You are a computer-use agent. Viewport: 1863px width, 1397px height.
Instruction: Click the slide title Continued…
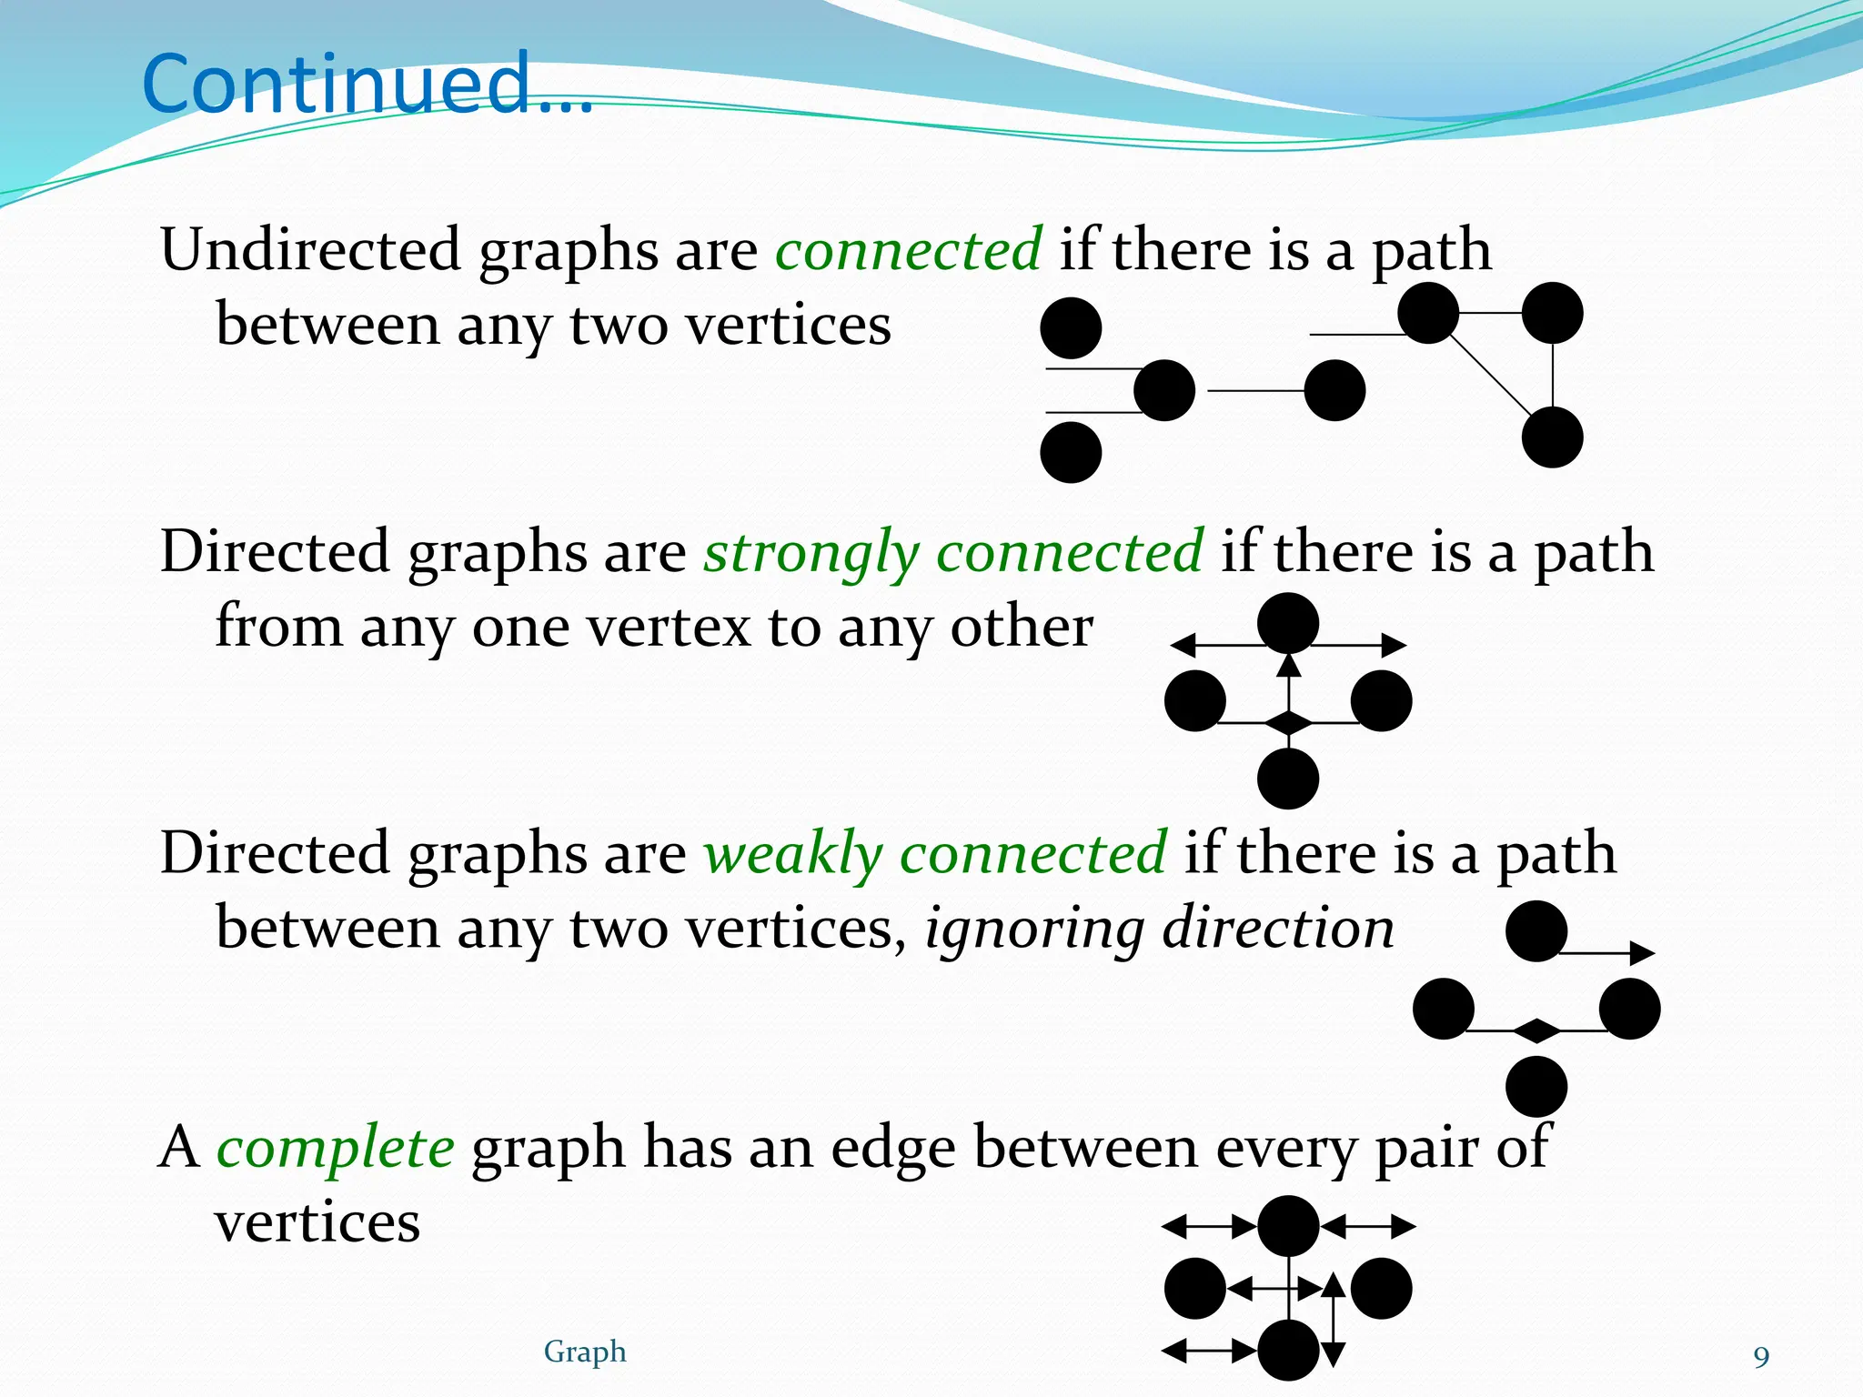point(368,84)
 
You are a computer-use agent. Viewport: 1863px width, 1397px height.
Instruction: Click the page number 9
point(1761,1357)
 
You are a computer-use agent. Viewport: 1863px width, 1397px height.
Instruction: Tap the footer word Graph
point(585,1352)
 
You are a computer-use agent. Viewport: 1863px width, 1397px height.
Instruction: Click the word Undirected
point(310,249)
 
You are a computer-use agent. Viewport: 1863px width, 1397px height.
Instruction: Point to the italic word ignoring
point(1033,929)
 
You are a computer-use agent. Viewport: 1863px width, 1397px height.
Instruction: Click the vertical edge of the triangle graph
point(1552,375)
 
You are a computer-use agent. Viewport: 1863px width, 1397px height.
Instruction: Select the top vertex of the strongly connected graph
point(1288,623)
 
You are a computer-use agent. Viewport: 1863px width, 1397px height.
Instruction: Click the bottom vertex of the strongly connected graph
point(1288,779)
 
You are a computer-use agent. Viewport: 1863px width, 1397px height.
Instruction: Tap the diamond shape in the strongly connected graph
point(1289,723)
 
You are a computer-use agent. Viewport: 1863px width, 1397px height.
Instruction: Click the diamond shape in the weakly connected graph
point(1536,1030)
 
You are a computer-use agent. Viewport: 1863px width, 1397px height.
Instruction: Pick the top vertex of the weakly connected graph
point(1536,931)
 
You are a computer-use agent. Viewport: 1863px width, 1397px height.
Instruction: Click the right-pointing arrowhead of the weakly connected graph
point(1643,953)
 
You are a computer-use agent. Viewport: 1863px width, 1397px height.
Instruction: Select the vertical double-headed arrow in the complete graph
point(1333,1320)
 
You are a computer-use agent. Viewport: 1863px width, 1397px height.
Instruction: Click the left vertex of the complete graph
point(1194,1289)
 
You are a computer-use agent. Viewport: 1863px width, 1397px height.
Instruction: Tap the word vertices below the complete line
point(317,1222)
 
